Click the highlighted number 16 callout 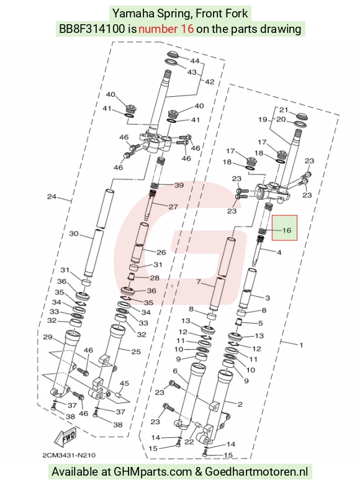pos(287,230)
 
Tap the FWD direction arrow pos(65,438)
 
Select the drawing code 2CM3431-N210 pos(69,455)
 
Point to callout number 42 pos(209,81)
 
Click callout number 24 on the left pos(52,196)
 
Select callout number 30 pos(74,233)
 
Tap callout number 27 pos(173,207)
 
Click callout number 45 pos(124,383)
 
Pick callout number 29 pos(47,337)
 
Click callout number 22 pos(189,442)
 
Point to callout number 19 pos(263,119)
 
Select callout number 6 pos(175,371)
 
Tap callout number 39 pos(179,185)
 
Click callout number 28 pos(155,278)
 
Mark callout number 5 pos(260,323)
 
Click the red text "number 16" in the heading pos(166,29)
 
